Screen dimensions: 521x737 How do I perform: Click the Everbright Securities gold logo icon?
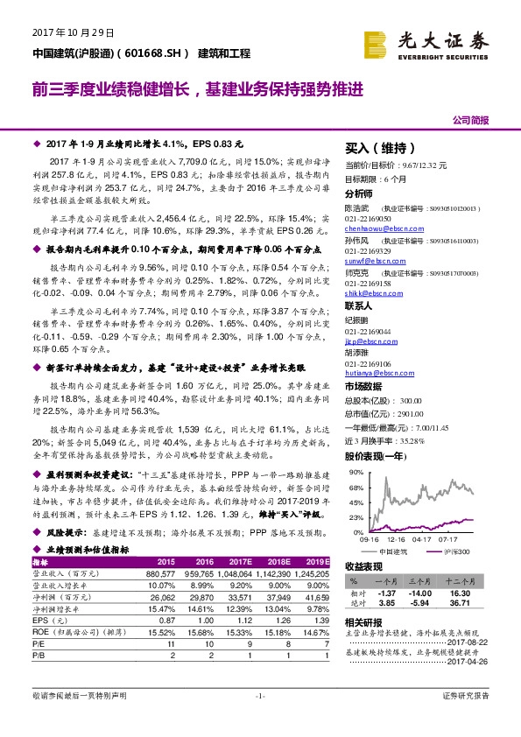point(379,40)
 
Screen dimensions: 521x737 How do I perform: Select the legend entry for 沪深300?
point(460,552)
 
